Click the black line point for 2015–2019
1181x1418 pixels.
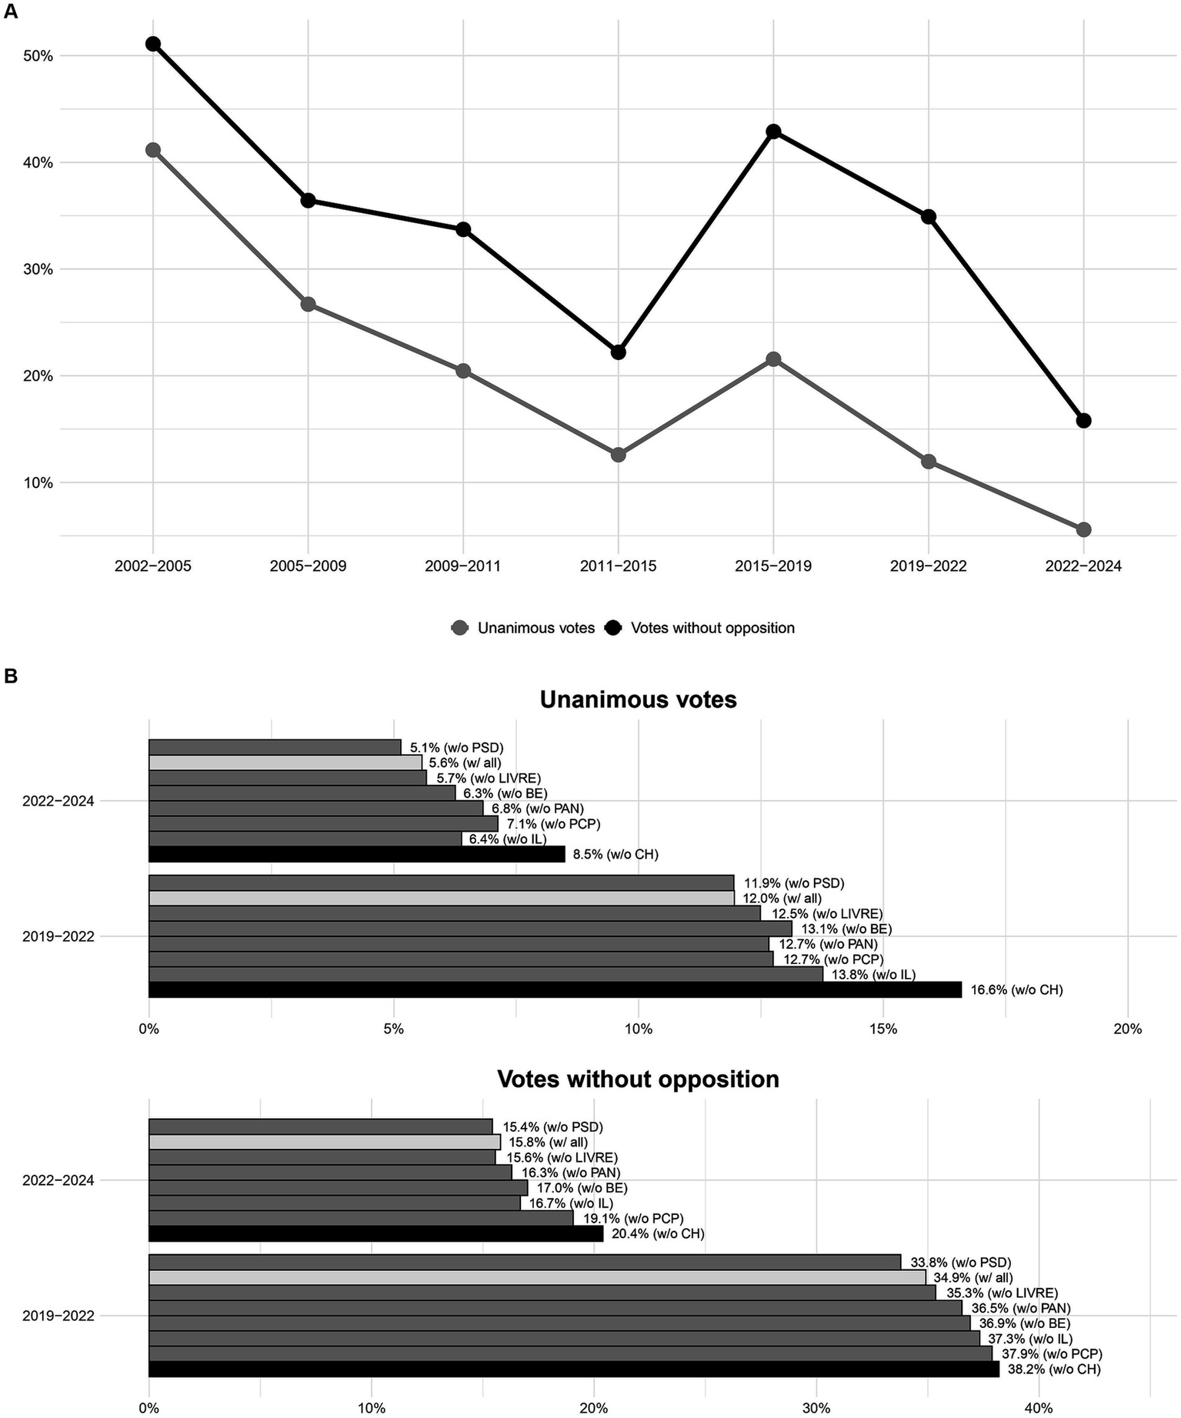coord(773,132)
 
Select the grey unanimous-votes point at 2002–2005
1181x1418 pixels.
coord(153,150)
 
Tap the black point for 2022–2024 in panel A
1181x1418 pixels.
coord(1083,421)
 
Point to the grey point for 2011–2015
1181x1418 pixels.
coord(618,455)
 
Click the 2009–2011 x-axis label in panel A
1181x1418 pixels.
coord(462,566)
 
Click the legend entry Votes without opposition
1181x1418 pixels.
coord(712,628)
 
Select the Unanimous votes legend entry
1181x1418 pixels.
coord(535,628)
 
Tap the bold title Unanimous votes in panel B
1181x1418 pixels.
coord(638,699)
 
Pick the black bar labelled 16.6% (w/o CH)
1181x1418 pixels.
coord(554,989)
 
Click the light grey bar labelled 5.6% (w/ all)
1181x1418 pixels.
coord(285,762)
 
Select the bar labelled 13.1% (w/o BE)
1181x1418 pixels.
coord(469,929)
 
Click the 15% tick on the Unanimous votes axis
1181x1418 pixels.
coord(882,1029)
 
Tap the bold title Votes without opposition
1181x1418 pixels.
coord(638,1079)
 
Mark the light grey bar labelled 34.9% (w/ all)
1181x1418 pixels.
coord(536,1277)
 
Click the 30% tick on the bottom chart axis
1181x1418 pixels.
coord(816,1409)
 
